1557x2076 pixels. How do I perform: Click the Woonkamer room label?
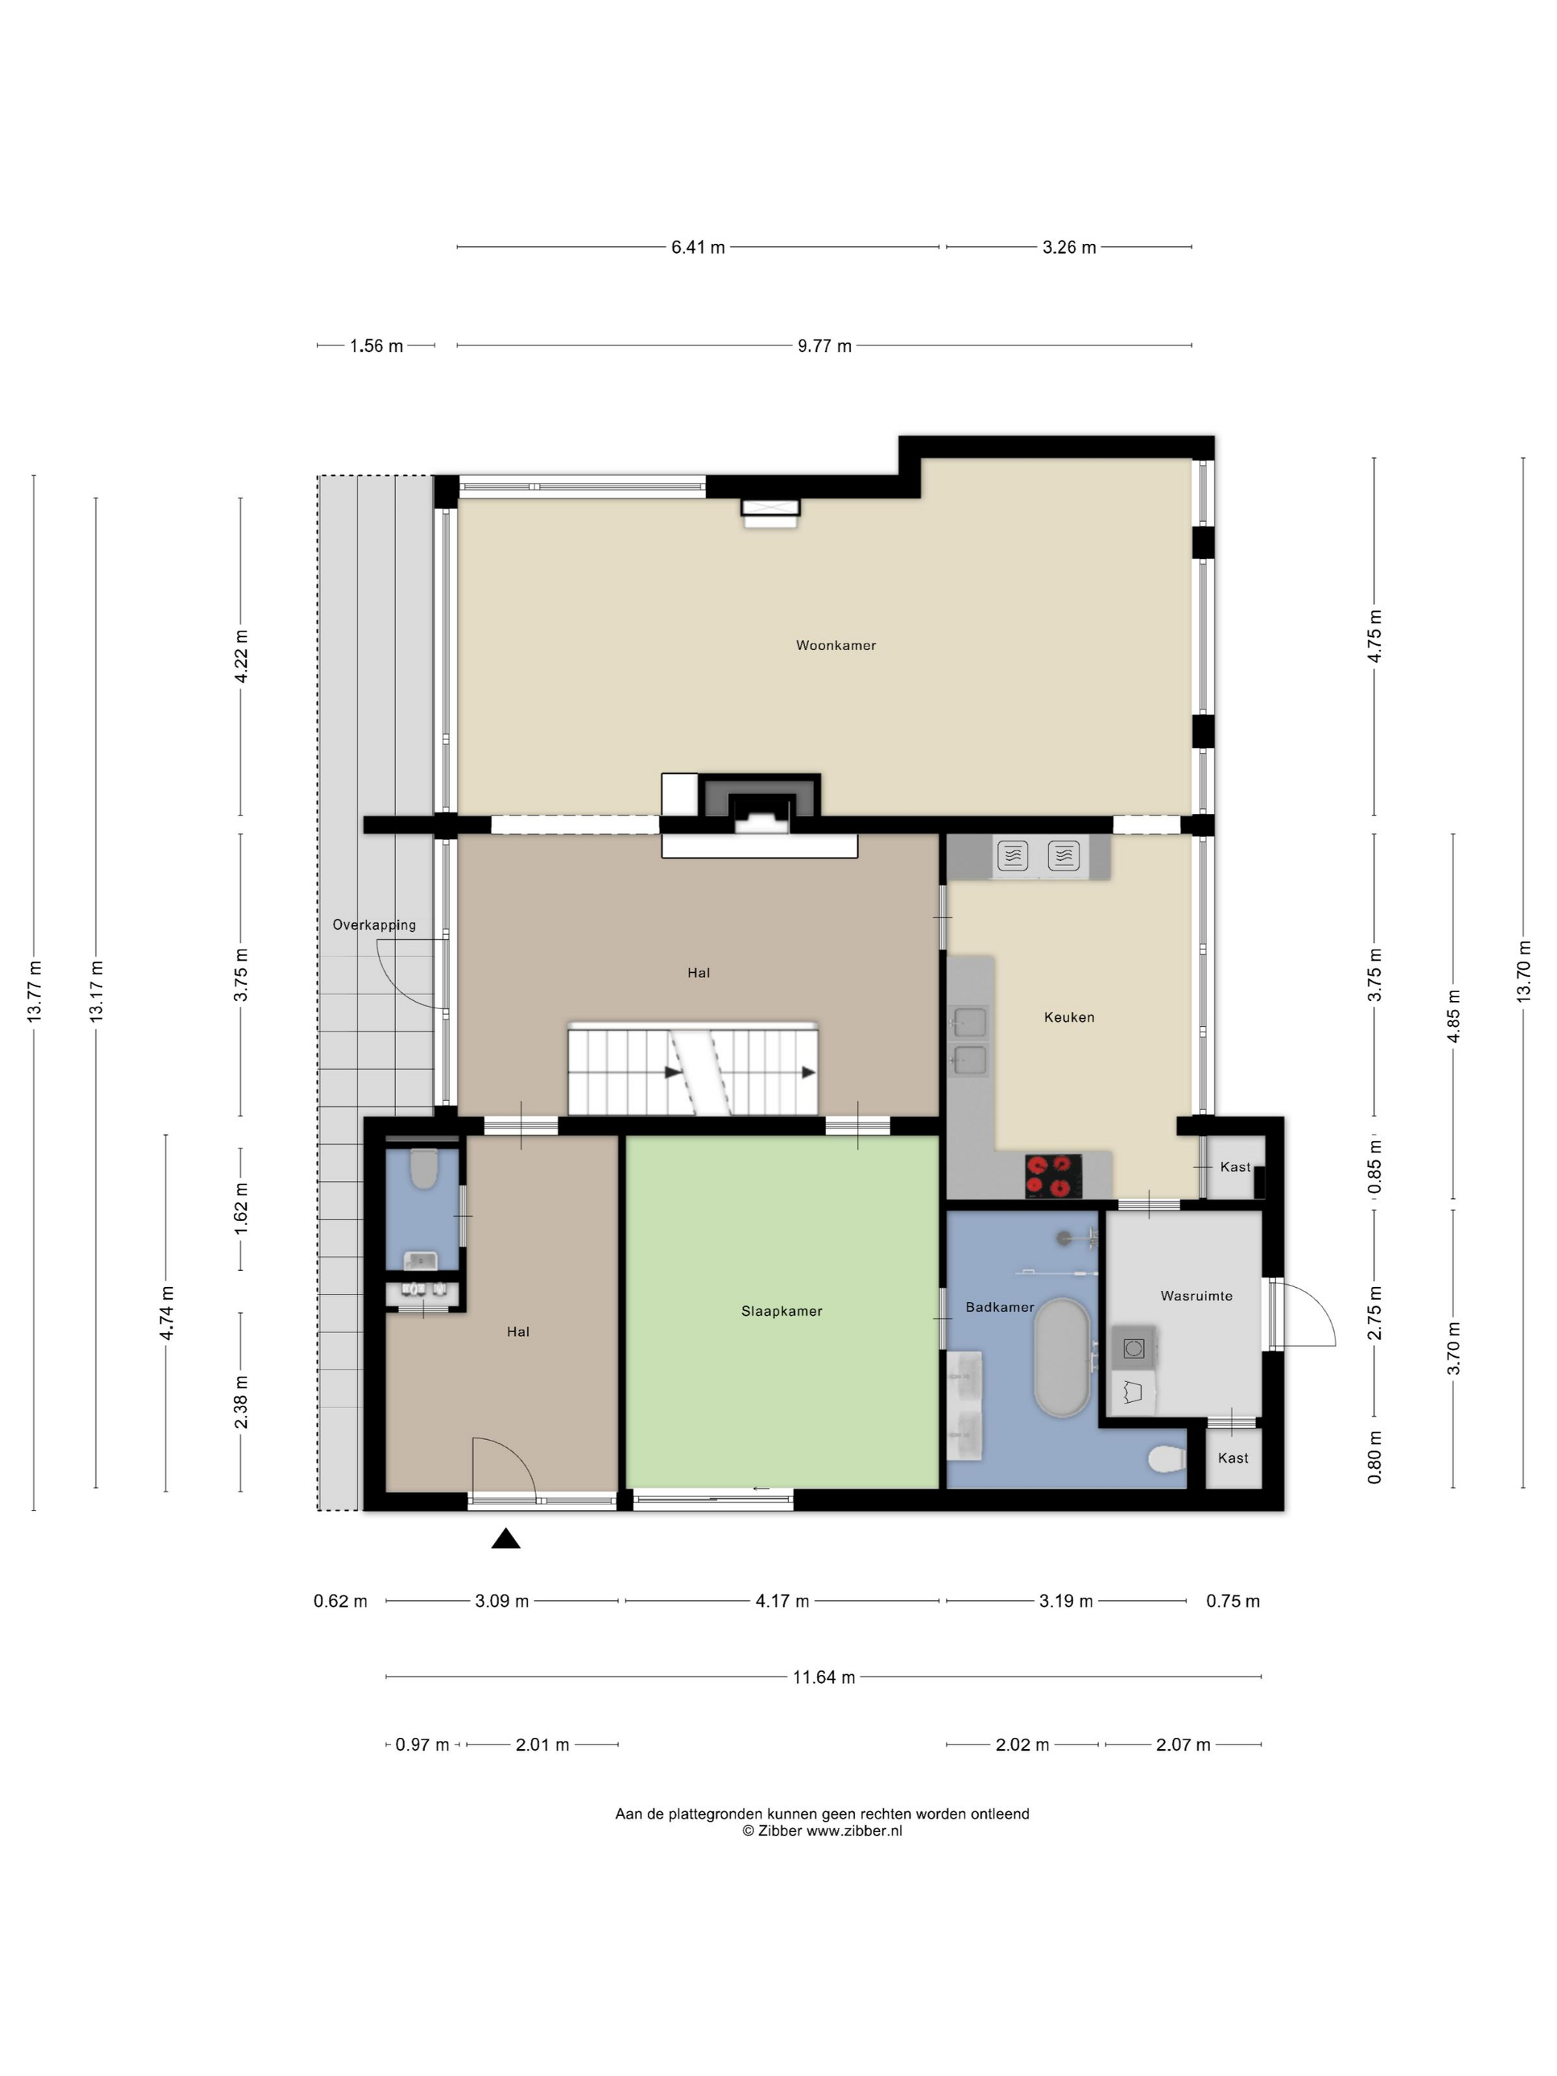click(836, 645)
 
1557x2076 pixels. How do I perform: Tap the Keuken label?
click(1069, 1016)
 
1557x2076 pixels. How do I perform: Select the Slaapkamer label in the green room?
click(781, 1311)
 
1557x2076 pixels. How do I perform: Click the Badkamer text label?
click(999, 1306)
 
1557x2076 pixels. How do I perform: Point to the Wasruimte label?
click(1197, 1295)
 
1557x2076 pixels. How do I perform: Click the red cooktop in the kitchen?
click(1053, 1175)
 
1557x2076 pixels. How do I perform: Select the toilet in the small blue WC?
click(423, 1168)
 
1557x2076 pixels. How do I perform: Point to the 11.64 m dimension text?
click(824, 1676)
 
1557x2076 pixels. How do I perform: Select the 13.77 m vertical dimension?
click(35, 991)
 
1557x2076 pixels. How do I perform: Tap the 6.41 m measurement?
click(698, 247)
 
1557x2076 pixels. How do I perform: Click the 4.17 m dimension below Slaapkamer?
click(781, 1600)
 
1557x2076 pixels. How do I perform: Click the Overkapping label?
click(374, 925)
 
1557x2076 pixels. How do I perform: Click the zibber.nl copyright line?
click(822, 1830)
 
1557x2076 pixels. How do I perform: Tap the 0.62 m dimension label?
click(340, 1600)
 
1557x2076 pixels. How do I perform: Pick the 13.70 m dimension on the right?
click(1523, 971)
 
